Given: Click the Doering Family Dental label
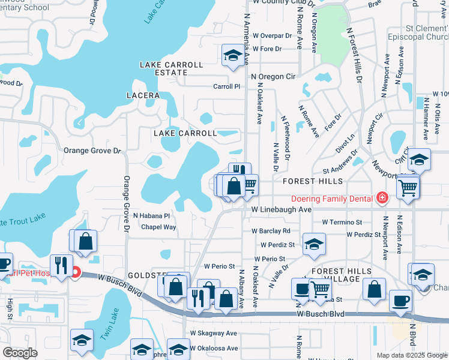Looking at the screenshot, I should pos(333,198).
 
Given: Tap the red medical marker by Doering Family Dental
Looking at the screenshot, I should pos(381,198).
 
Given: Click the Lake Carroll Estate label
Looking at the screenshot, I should pos(163,68).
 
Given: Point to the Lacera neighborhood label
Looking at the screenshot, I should pos(143,95).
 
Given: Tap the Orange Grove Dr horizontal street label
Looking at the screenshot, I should pos(92,152).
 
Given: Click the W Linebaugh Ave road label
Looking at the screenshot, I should pos(282,209).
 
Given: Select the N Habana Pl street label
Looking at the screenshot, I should pos(152,215).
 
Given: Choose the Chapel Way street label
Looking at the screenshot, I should pos(158,227).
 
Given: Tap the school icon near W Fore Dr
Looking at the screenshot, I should pos(232,56).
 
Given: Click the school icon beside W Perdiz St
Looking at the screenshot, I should pos(313,243).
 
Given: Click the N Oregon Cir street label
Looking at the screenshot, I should pos(274,77).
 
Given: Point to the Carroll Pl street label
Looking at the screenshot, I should pos(227,86).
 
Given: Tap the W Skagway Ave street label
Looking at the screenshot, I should pos(214,333).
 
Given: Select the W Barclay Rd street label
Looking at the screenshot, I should pos(271,230).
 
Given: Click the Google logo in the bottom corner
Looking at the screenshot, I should pos(20,353).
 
